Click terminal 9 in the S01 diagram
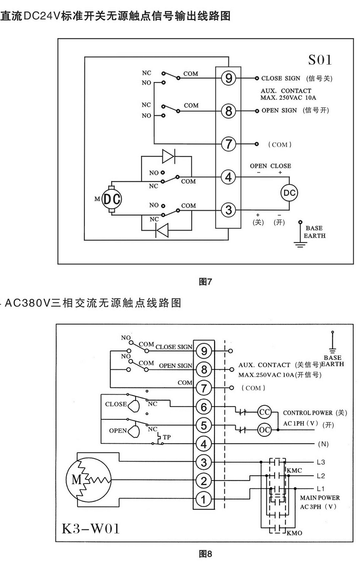coord(228,79)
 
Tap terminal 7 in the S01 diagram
coord(228,144)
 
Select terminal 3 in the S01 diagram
coord(228,210)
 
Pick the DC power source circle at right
coord(289,192)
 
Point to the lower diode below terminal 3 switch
coord(162,231)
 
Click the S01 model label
coord(320,60)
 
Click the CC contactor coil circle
coord(265,412)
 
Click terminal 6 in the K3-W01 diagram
coord(203,406)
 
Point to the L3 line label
coord(321,462)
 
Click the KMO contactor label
coord(295,534)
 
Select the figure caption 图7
coord(206,282)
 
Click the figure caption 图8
coord(206,553)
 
